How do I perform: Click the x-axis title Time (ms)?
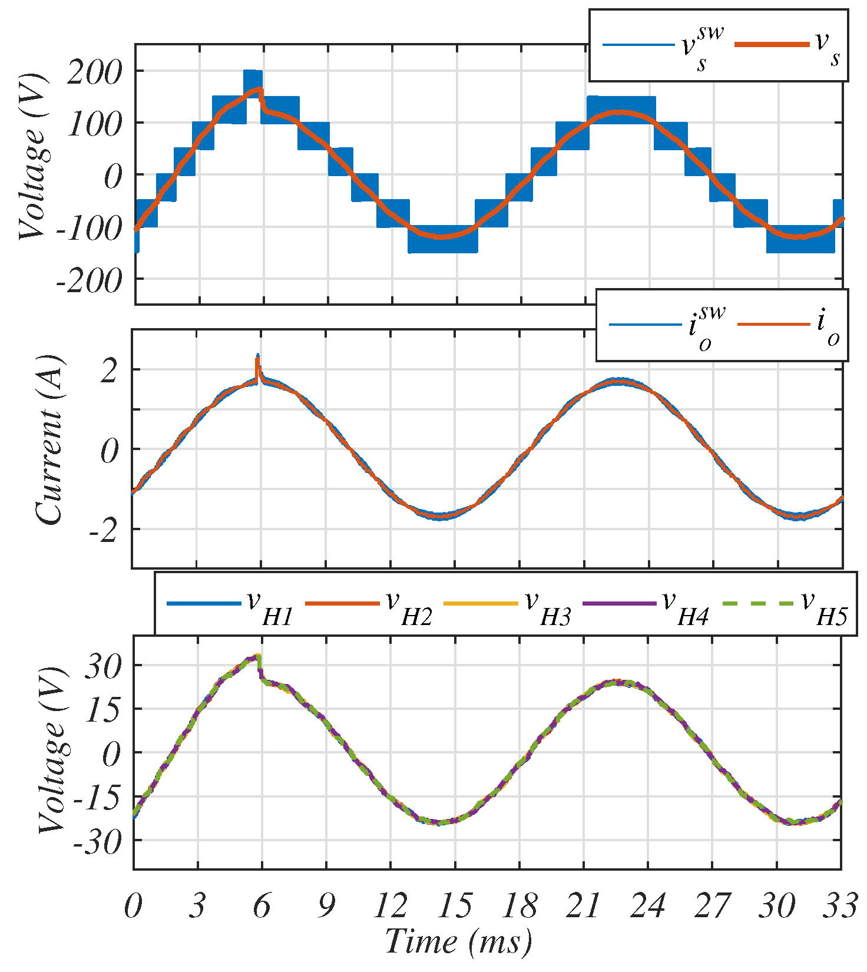click(x=458, y=941)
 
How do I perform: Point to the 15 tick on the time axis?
click(x=455, y=905)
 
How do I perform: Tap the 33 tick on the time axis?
click(x=840, y=905)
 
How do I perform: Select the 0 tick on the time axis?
click(x=134, y=905)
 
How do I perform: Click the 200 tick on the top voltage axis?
click(x=94, y=72)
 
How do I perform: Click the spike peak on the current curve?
click(x=257, y=356)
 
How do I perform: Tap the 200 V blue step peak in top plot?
click(x=253, y=73)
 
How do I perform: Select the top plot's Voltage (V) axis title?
click(x=33, y=157)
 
